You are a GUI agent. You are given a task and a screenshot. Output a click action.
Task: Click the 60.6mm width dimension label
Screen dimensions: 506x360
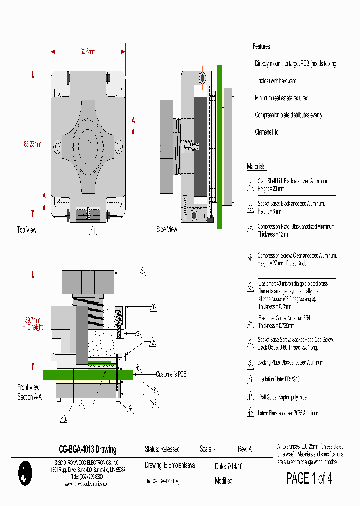point(88,51)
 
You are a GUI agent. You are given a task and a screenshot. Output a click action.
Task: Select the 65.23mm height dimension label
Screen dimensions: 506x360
point(32,144)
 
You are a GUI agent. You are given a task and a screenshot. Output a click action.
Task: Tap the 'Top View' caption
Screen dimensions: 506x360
point(27,230)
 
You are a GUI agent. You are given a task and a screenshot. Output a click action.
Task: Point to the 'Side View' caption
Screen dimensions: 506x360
point(167,230)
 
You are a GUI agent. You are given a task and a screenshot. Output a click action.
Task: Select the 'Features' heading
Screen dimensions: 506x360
point(261,46)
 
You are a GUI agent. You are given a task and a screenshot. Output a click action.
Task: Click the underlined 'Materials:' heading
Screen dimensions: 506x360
point(257,166)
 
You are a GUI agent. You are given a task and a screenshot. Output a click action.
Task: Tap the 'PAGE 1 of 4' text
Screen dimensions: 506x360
point(309,478)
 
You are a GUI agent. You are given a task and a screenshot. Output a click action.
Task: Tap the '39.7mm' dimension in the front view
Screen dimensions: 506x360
point(32,319)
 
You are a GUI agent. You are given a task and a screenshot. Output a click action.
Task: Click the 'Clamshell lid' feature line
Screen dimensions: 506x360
point(267,132)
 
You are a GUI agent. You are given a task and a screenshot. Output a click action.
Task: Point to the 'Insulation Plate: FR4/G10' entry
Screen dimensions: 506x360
point(283,379)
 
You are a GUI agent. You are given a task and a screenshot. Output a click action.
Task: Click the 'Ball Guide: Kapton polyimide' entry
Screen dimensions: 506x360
point(282,397)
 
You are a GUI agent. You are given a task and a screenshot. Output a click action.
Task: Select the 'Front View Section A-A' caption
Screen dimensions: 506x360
point(29,392)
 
